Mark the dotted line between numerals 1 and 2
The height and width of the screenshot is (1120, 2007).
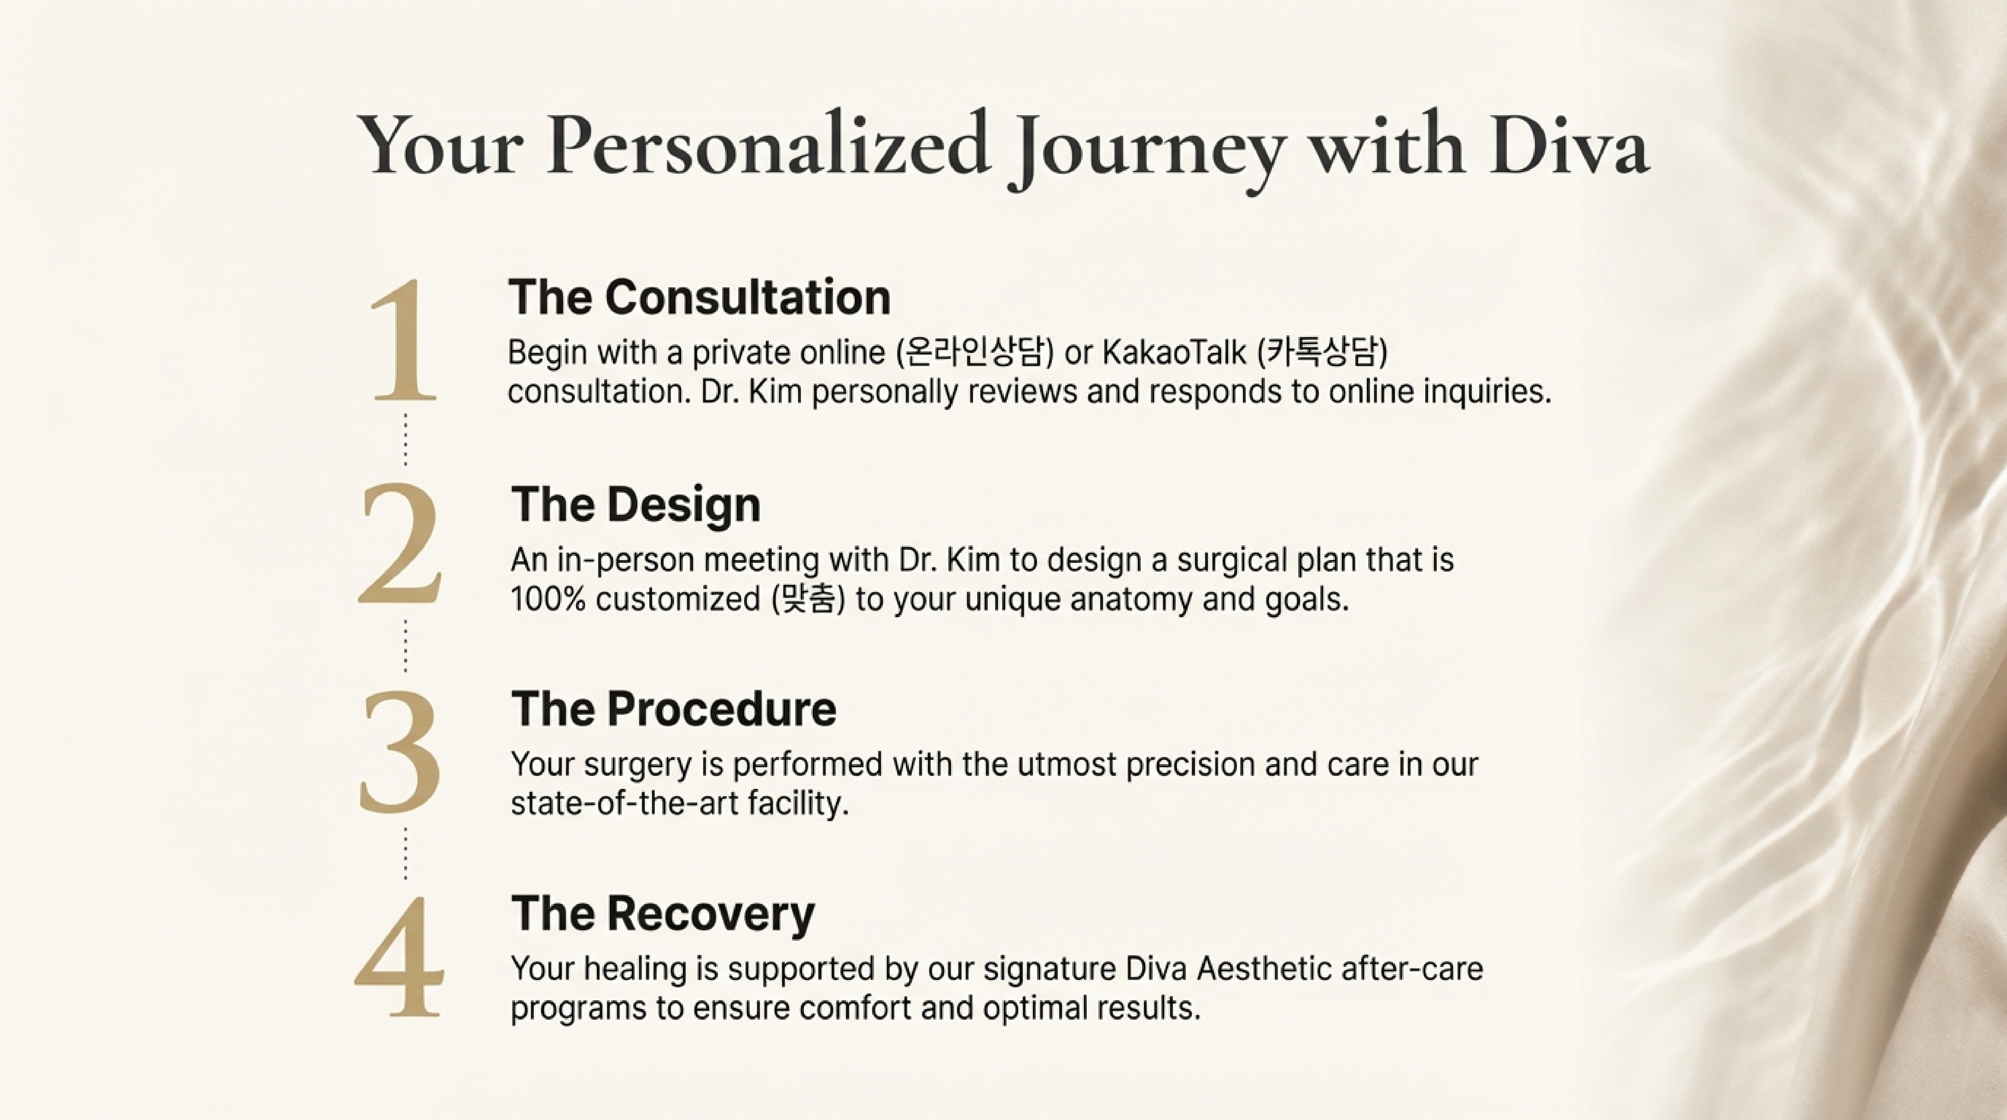coord(405,440)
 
